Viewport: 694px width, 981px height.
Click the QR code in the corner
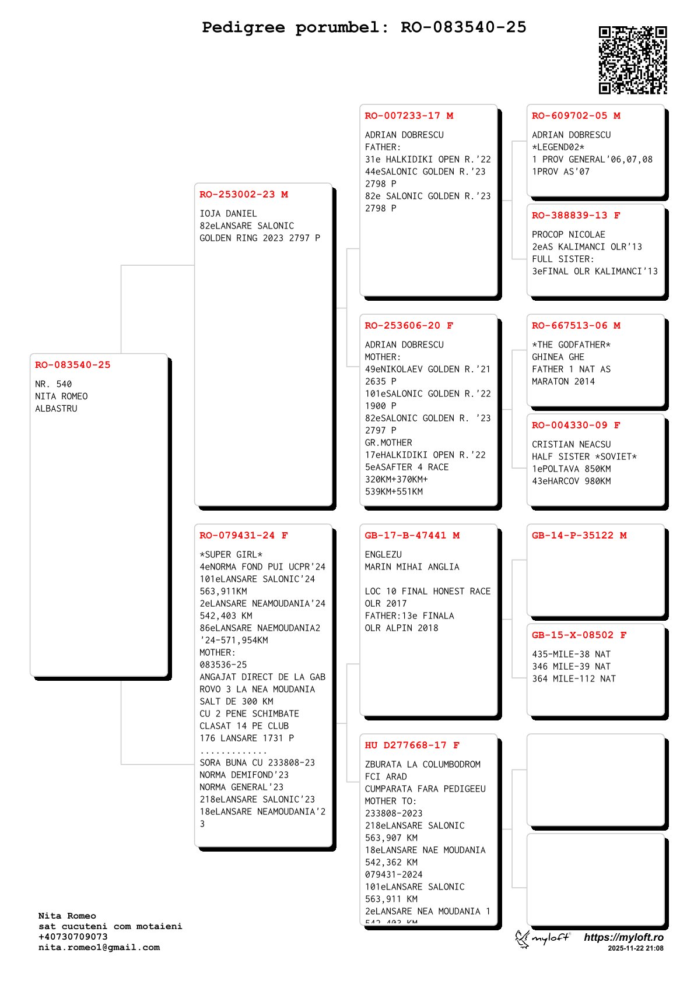(632, 60)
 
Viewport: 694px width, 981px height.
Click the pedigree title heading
(364, 27)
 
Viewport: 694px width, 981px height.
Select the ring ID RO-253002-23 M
(244, 195)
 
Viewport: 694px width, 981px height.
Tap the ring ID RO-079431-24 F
(244, 536)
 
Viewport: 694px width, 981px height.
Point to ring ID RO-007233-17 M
(409, 116)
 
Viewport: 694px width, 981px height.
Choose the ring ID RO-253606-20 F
(409, 326)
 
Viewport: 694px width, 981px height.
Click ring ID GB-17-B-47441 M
(412, 536)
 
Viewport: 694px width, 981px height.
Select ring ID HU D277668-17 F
(412, 746)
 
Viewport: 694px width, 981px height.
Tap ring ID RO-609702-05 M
(576, 116)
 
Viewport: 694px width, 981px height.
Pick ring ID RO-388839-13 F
(576, 216)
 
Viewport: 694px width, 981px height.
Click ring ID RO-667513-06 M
(576, 326)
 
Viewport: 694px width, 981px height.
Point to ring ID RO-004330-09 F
(576, 426)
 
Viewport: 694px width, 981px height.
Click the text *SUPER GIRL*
(231, 555)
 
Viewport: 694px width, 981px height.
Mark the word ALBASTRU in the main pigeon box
(56, 409)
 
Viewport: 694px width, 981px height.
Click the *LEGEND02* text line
(558, 147)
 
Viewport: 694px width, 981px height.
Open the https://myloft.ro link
(623, 937)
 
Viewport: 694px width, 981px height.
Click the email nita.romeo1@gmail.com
(99, 947)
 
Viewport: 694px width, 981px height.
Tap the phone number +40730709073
(73, 937)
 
